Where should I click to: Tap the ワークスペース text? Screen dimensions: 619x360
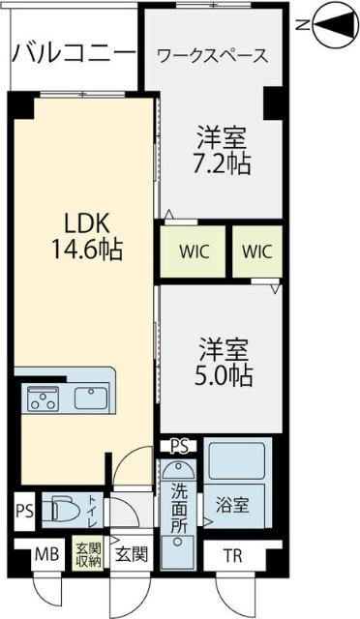pos(212,56)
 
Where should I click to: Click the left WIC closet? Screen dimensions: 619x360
pos(192,251)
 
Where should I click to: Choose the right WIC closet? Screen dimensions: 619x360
pos(256,251)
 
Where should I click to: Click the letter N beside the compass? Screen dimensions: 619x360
pos(303,23)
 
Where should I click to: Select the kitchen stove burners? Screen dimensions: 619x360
pos(43,397)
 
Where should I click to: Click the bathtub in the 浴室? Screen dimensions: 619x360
pos(237,463)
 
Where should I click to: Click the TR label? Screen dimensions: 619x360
pos(233,555)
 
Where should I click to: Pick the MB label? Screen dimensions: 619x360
pos(45,555)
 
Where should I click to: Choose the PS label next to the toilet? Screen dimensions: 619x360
pos(24,510)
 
